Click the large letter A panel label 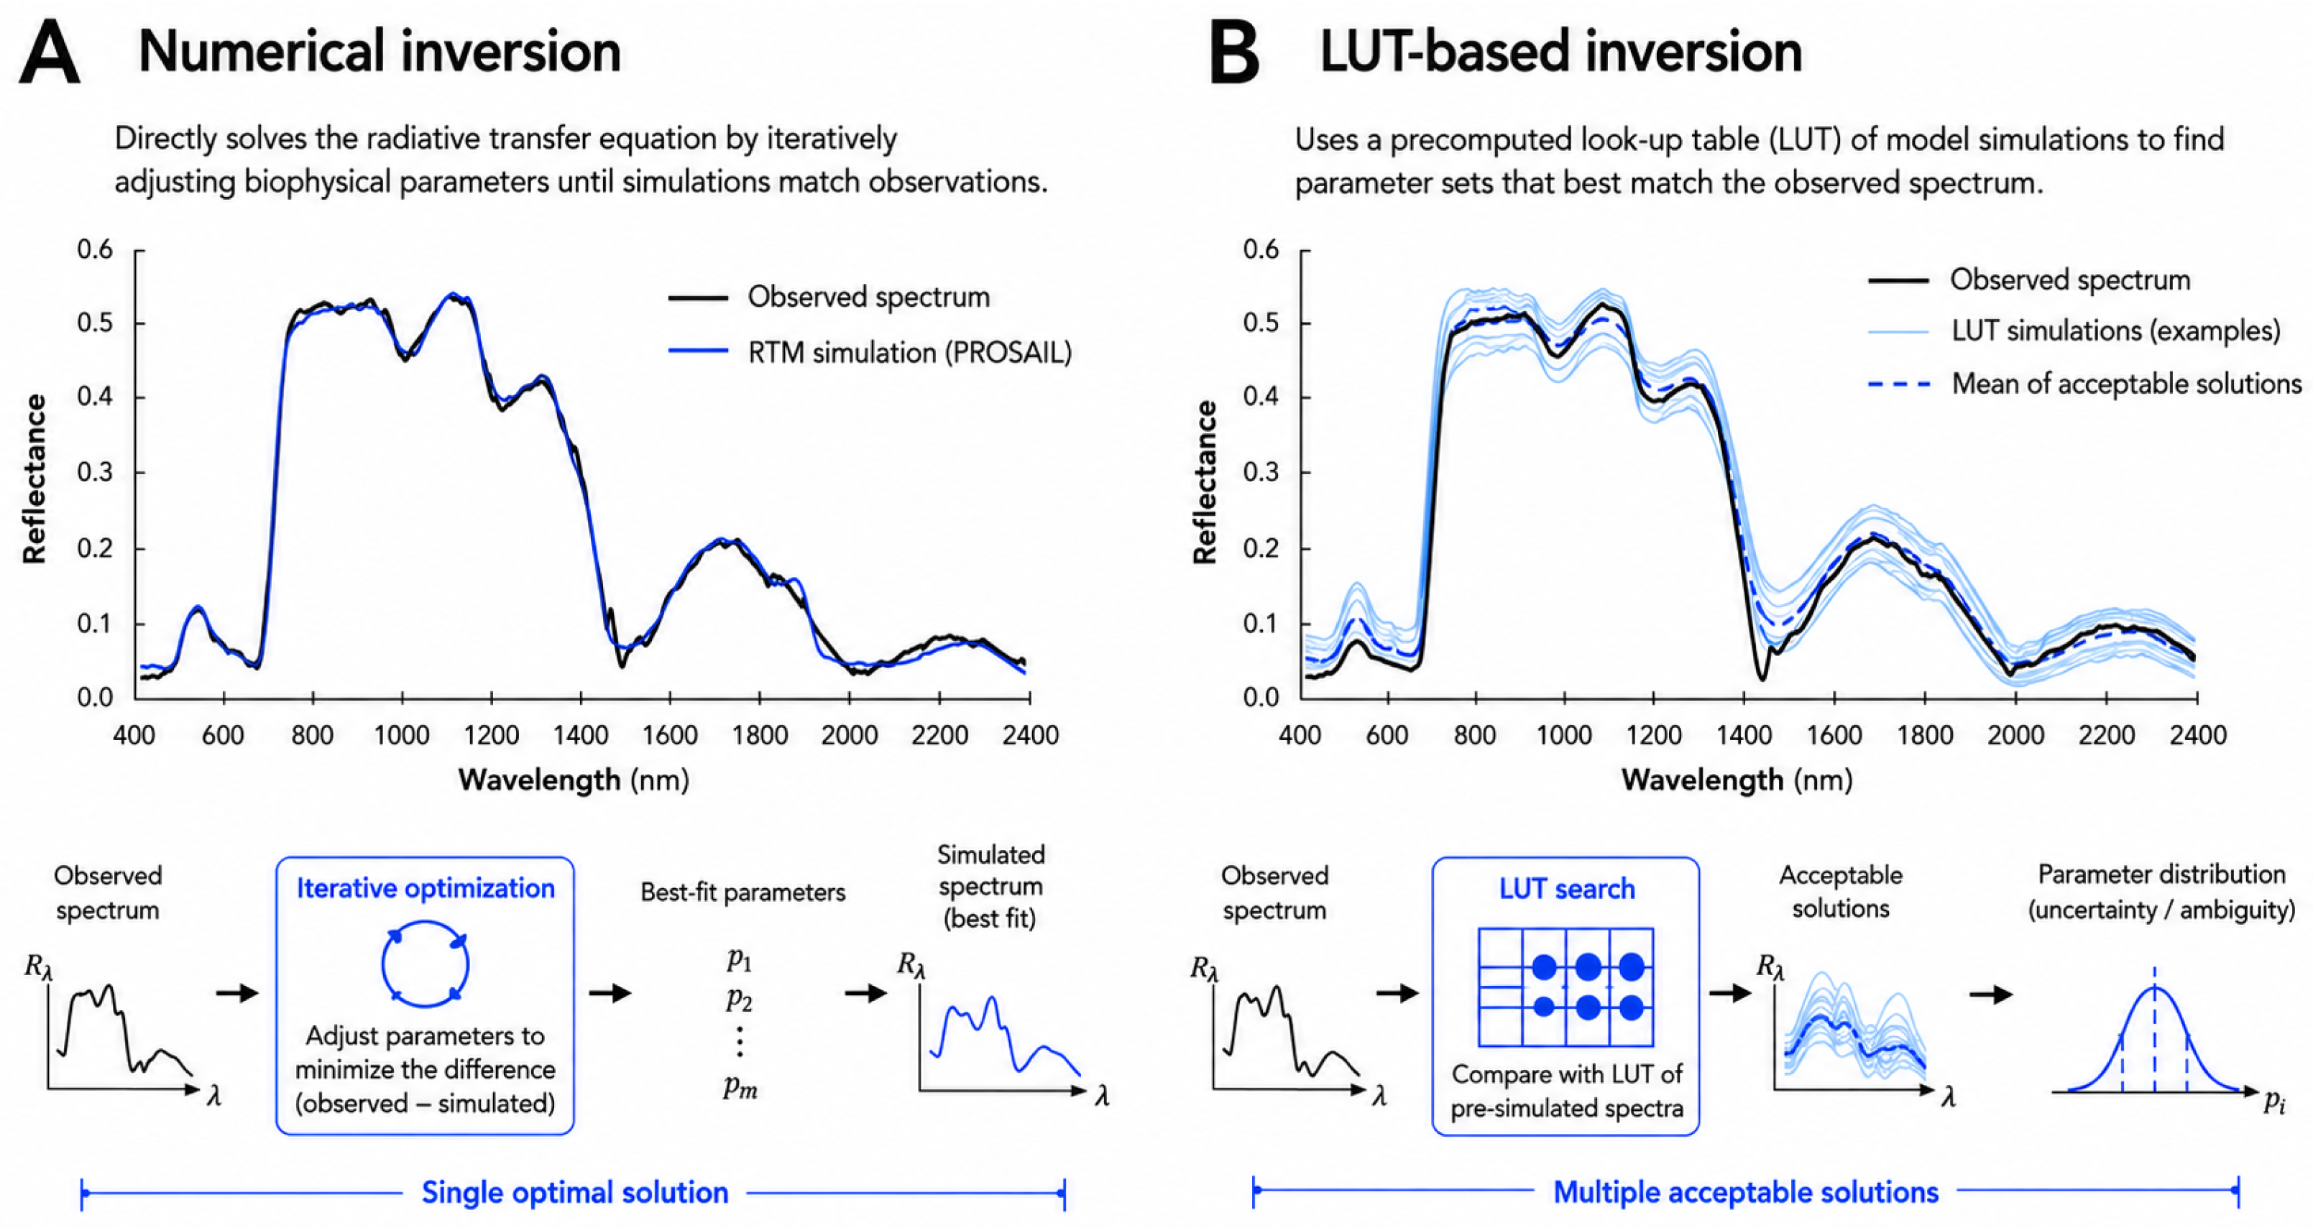pyautogui.click(x=50, y=53)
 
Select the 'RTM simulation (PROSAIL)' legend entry pyautogui.click(x=870, y=352)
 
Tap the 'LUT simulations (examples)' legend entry pyautogui.click(x=2074, y=331)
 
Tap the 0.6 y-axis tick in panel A pyautogui.click(x=95, y=249)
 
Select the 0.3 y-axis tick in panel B pyautogui.click(x=1261, y=472)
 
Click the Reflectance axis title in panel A pyautogui.click(x=34, y=479)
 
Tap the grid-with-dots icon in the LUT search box pyautogui.click(x=1566, y=987)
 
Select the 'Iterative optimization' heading pyautogui.click(x=426, y=888)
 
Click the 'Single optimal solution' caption pyautogui.click(x=575, y=1192)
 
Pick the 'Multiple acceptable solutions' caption pyautogui.click(x=1745, y=1192)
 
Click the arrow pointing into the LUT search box pyautogui.click(x=1397, y=993)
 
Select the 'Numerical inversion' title pyautogui.click(x=379, y=51)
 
